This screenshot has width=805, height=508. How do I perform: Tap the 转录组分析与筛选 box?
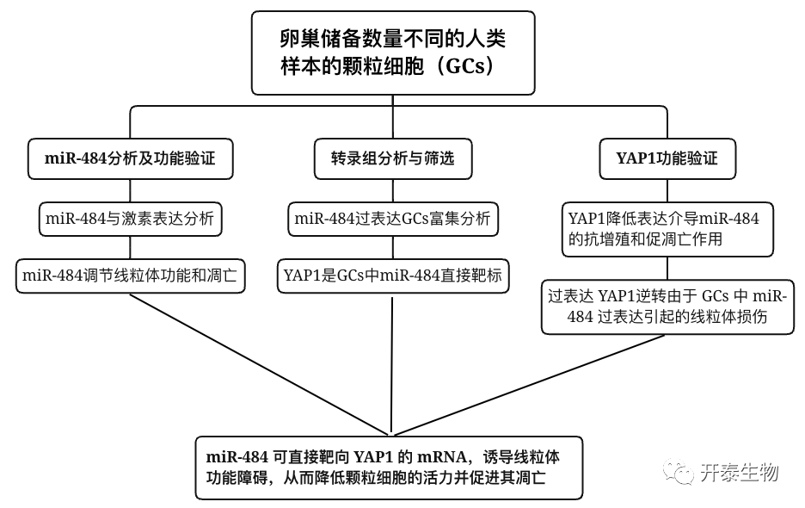tap(392, 158)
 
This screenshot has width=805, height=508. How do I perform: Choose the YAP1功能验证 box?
tap(667, 158)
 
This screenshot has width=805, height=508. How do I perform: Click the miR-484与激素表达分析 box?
tap(130, 219)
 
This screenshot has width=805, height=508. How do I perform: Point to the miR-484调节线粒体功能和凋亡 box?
tap(130, 277)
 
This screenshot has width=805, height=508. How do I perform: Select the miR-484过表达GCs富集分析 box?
tap(392, 219)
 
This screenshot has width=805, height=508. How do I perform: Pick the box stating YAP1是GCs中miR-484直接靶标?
tap(392, 277)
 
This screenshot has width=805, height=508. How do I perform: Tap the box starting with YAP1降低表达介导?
tap(667, 229)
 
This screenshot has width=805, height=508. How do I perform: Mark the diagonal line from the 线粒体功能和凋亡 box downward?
tap(258, 362)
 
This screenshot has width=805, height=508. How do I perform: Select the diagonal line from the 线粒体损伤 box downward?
tap(533, 382)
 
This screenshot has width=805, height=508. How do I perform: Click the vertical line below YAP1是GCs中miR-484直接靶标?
tap(392, 362)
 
